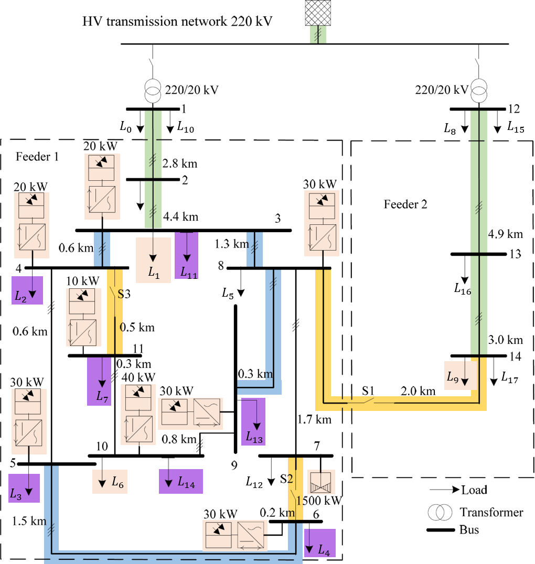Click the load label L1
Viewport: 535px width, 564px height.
click(x=153, y=272)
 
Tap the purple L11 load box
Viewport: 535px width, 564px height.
click(x=186, y=256)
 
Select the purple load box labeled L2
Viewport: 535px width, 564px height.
click(x=27, y=290)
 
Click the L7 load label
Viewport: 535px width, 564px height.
click(x=102, y=396)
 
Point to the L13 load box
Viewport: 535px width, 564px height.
click(x=253, y=422)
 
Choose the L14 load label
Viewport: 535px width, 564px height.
click(x=186, y=483)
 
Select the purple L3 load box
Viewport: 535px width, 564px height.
click(x=24, y=488)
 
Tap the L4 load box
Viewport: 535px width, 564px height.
click(x=319, y=543)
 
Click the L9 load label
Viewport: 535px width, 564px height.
click(x=453, y=376)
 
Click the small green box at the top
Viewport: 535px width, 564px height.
click(x=318, y=35)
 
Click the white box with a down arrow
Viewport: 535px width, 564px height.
click(x=137, y=197)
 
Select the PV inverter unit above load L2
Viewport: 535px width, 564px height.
click(x=31, y=225)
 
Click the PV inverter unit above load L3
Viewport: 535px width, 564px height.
click(x=29, y=421)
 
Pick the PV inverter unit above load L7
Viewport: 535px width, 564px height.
click(x=83, y=317)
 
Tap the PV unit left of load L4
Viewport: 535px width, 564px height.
click(x=235, y=535)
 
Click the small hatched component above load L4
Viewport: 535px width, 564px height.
click(x=320, y=482)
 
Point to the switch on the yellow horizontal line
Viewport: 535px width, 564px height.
click(x=367, y=401)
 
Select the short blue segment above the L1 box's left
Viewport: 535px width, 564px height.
click(x=102, y=249)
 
